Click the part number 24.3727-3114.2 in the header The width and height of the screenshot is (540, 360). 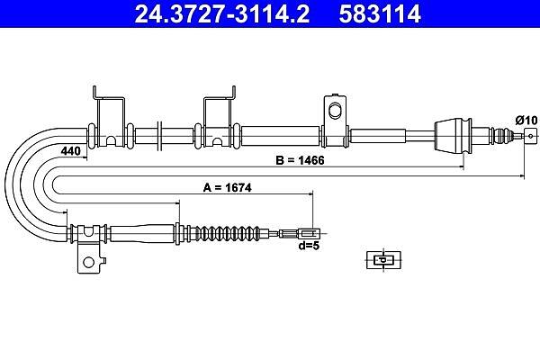222,13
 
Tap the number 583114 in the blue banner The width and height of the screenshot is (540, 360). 380,13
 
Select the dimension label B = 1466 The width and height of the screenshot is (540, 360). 300,160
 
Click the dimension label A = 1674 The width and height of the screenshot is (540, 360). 228,188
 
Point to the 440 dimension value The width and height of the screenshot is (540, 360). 70,151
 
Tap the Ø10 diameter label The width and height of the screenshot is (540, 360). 526,121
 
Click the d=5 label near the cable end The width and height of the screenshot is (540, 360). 309,246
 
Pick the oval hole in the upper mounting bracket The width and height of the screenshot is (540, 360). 334,110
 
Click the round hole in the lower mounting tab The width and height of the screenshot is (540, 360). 88,262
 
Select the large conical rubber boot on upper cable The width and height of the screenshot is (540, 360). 453,136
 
